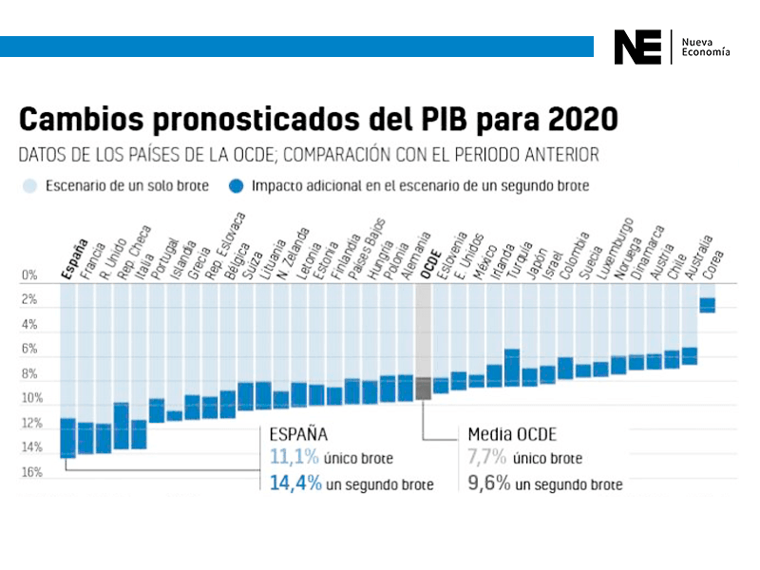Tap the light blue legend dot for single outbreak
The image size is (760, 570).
click(30, 186)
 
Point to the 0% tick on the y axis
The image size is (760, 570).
click(28, 275)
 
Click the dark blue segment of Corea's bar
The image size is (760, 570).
click(707, 305)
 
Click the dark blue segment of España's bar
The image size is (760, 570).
click(67, 438)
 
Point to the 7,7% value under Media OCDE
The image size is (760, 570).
click(486, 458)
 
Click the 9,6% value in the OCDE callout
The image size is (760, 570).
click(488, 484)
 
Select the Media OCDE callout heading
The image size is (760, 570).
click(512, 435)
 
